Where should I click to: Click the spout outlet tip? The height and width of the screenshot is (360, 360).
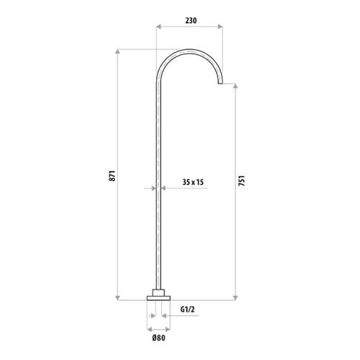[x=219, y=84]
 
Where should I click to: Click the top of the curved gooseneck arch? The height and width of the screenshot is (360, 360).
[x=189, y=50]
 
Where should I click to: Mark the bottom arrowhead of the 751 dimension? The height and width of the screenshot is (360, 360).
[x=236, y=297]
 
